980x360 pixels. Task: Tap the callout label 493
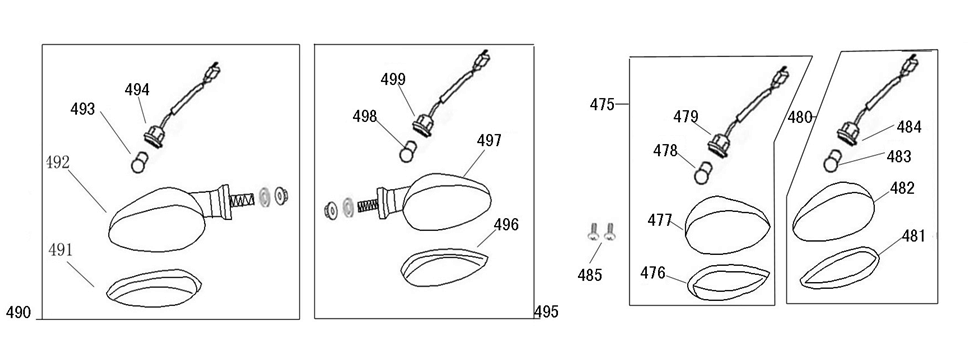pos(82,108)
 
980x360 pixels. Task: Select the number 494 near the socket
pos(137,89)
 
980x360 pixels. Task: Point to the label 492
pos(58,161)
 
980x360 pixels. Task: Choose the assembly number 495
pos(545,312)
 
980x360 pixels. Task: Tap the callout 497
pos(489,142)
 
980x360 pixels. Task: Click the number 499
pos(393,79)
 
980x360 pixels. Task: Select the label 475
pos(602,104)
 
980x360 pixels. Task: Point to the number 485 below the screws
pos(590,274)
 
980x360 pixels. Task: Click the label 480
pos(800,117)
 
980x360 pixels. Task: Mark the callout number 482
pos(902,188)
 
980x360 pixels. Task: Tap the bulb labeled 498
pos(407,152)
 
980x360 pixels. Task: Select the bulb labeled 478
pos(704,174)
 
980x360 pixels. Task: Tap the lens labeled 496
pos(440,267)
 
